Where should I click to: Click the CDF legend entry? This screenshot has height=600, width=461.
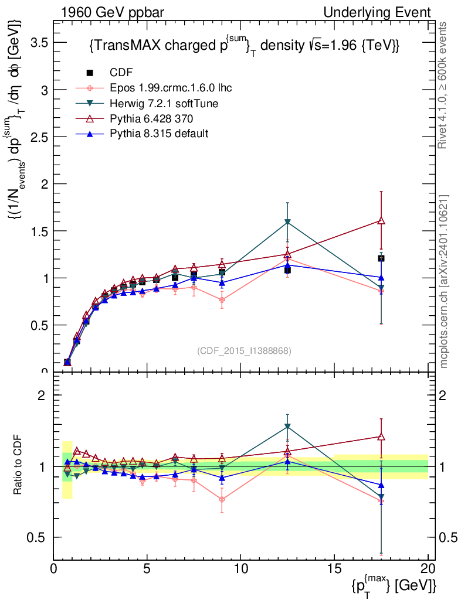[x=121, y=73]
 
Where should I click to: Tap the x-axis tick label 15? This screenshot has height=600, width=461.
[x=335, y=569]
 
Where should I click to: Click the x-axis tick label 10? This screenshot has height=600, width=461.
[x=241, y=569]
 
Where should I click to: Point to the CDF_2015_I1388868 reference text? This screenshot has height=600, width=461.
[x=244, y=350]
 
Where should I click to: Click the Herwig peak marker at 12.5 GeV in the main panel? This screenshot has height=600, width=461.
[x=287, y=222]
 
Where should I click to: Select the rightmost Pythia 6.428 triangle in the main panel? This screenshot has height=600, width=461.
[x=381, y=220]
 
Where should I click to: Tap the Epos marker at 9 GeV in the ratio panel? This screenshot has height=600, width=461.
[x=222, y=500]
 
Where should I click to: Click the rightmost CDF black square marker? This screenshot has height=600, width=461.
[x=381, y=258]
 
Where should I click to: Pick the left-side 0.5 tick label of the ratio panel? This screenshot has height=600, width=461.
[x=38, y=537]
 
